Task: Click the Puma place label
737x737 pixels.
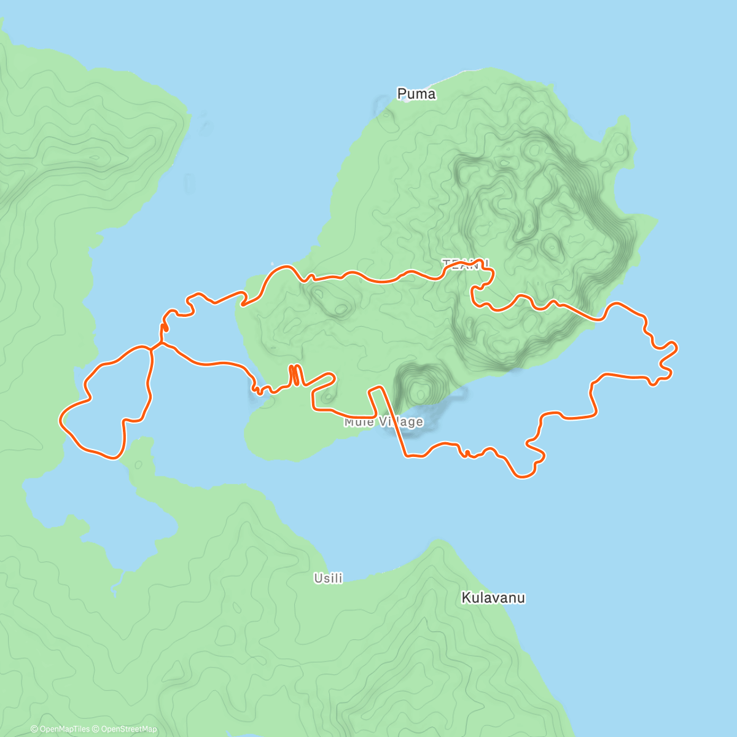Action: click(x=416, y=94)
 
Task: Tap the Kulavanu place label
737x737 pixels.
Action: click(x=493, y=598)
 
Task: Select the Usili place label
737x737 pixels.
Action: click(x=328, y=578)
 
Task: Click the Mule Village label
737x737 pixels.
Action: click(x=384, y=422)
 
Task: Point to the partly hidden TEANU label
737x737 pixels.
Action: click(x=466, y=263)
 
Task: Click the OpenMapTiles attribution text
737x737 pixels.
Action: click(x=60, y=729)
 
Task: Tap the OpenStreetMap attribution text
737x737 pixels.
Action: click(x=129, y=729)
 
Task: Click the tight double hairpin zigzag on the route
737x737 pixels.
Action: click(x=295, y=375)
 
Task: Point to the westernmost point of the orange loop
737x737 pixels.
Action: click(x=60, y=419)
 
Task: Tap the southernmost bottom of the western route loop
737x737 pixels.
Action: click(x=114, y=458)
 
